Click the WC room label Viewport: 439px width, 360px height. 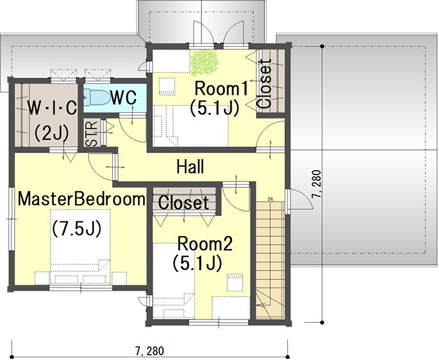(123, 98)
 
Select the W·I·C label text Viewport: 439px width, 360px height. (52, 107)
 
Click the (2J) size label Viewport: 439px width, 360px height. (52, 132)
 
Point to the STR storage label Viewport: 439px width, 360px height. (91, 133)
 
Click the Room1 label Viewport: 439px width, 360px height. (221, 89)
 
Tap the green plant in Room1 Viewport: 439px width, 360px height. (204, 63)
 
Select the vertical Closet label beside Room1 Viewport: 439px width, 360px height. (265, 83)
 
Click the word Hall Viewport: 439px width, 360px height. (190, 166)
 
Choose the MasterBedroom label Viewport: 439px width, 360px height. (82, 199)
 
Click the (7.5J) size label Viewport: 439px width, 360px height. (77, 228)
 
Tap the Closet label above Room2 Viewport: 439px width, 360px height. (184, 203)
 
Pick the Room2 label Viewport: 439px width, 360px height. (205, 244)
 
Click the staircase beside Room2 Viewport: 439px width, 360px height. (270, 259)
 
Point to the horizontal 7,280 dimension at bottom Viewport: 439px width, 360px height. (150, 351)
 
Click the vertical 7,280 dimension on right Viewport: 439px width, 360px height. (317, 184)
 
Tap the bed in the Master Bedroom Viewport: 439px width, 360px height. (80, 247)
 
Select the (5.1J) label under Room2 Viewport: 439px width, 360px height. (197, 263)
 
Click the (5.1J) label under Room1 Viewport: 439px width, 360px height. (215, 108)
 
